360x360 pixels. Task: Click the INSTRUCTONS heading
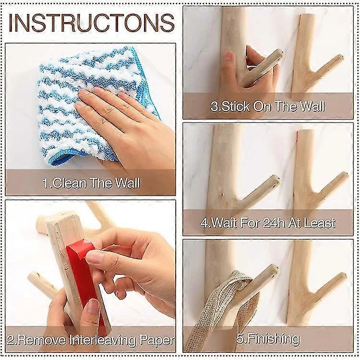point(91,23)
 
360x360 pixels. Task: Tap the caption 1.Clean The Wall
point(91,183)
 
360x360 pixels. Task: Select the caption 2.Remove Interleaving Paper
point(91,340)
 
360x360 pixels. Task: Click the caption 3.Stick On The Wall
point(268,106)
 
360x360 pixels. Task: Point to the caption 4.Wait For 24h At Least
point(268,223)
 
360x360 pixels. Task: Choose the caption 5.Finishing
point(268,339)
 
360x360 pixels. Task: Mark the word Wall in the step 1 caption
point(127,183)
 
